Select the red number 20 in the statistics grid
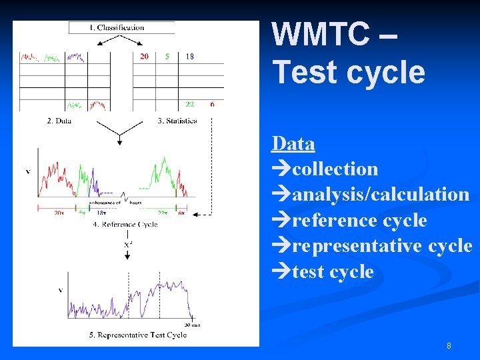(x=144, y=57)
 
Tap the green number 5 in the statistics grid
(x=167, y=57)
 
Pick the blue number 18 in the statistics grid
(x=189, y=57)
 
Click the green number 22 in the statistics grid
(x=190, y=104)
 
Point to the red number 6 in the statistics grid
(x=212, y=104)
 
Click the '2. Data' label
(x=59, y=121)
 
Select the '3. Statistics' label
(x=177, y=121)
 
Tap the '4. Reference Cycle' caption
(x=125, y=224)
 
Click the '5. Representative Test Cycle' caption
(x=138, y=335)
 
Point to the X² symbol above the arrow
(x=127, y=245)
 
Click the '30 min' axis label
(x=192, y=325)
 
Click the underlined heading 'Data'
(x=293, y=143)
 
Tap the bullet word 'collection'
(x=335, y=169)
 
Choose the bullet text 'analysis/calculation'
(x=381, y=195)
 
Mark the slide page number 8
(x=449, y=346)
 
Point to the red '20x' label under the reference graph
(x=59, y=213)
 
